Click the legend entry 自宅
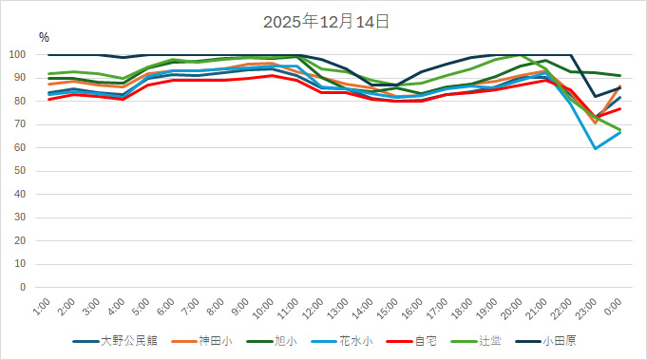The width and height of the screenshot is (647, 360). coord(422,340)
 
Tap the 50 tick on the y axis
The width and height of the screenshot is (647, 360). coord(24,171)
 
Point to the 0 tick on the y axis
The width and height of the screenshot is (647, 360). coord(27,287)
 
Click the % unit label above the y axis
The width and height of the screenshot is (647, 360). coord(44,37)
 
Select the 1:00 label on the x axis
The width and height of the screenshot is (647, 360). coord(42,307)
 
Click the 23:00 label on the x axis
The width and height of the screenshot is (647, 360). coord(591,307)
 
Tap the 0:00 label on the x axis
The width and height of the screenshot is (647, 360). coord(615,307)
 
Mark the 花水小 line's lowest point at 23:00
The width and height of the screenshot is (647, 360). coord(596,148)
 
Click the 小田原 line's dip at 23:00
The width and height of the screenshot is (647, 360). coord(596,97)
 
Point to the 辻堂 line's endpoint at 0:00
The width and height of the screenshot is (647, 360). coord(620,130)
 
